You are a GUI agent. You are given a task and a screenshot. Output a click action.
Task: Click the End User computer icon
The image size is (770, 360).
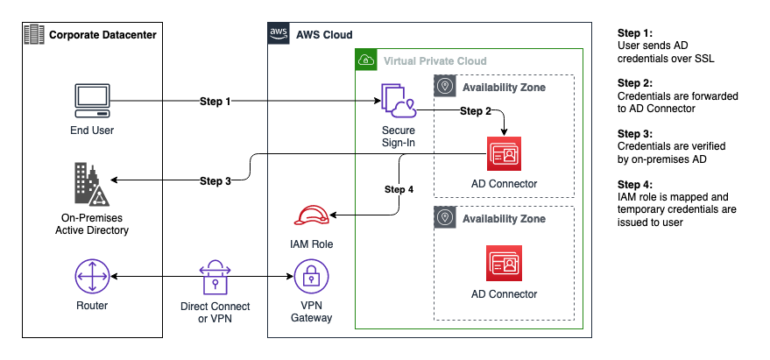pos(92,102)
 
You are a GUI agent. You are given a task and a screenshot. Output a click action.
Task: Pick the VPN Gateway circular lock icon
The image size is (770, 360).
pos(311,278)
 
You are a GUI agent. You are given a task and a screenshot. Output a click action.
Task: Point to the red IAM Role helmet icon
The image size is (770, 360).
pos(311,215)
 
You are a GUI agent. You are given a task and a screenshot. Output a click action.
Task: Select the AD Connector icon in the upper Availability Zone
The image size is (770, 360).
pos(504,156)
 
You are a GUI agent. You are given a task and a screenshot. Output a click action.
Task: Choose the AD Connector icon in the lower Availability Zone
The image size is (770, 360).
pos(504,264)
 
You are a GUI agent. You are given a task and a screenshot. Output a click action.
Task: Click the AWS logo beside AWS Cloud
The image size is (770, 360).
pos(279,34)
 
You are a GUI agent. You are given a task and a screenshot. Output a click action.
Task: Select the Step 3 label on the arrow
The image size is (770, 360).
pos(215,181)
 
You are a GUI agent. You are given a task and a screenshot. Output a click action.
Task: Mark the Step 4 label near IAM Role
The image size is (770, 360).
pos(399,189)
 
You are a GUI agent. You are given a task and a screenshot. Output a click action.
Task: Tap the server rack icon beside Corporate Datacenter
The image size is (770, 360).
pos(33,34)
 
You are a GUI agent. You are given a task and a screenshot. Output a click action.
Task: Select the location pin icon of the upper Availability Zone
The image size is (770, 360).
pos(445,87)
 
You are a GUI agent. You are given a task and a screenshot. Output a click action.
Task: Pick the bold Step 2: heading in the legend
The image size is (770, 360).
pos(636,82)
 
